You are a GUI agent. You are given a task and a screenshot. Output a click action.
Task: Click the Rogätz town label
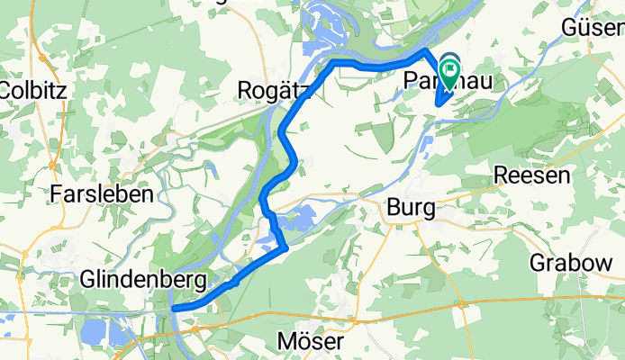274,89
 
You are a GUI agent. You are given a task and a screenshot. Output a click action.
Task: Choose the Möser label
308,344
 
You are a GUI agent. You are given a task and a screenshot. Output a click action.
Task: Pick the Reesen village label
534,176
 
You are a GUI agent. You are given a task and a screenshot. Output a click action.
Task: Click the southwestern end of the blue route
174,308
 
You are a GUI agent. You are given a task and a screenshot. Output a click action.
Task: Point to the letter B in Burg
392,209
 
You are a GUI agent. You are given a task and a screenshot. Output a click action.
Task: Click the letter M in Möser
284,344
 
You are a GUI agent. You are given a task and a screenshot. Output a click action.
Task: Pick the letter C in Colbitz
8,90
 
